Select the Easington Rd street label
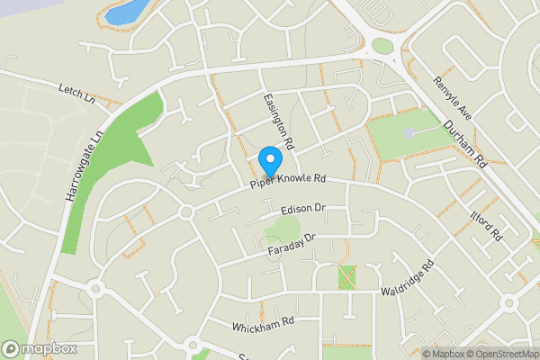click(x=278, y=122)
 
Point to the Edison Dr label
click(x=301, y=209)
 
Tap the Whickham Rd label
click(x=263, y=322)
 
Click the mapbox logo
click(x=39, y=348)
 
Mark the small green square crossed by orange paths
click(x=347, y=277)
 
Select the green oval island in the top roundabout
click(x=382, y=45)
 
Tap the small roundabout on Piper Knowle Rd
click(x=186, y=211)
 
